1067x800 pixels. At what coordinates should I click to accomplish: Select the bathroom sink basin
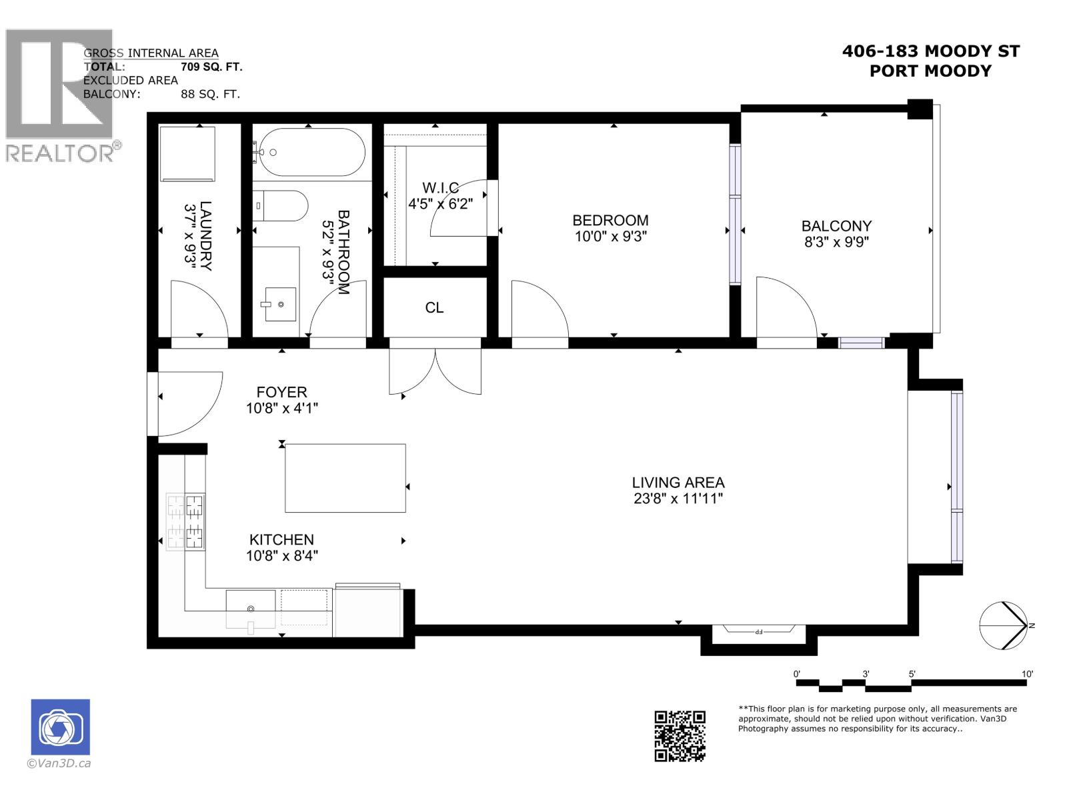point(280,304)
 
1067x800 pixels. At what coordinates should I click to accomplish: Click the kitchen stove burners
point(185,522)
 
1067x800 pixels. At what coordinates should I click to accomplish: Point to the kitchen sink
point(251,608)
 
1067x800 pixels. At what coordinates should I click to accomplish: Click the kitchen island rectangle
point(345,478)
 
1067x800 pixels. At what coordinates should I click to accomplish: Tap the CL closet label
point(434,308)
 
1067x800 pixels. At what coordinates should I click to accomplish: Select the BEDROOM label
point(610,220)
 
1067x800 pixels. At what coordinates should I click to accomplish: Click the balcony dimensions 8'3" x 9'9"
point(836,242)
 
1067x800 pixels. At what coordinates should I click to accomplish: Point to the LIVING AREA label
point(678,482)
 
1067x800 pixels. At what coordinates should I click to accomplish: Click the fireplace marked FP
point(758,631)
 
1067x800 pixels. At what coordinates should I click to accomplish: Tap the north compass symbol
point(1004,625)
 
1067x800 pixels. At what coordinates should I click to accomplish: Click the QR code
point(680,736)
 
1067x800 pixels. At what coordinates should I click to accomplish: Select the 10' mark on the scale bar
point(1027,674)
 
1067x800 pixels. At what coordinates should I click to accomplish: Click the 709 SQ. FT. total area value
point(211,67)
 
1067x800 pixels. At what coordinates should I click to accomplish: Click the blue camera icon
point(61,727)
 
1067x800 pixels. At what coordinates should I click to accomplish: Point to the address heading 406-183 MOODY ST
point(930,51)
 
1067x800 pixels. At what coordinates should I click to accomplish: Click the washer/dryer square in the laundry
point(188,154)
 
